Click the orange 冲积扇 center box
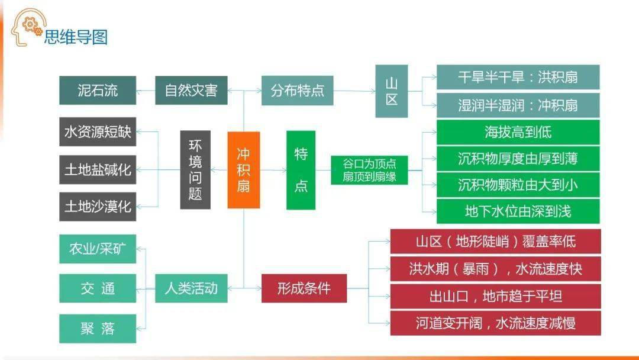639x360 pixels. point(244,170)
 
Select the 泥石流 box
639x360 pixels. point(98,91)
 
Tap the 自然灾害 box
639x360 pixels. point(191,91)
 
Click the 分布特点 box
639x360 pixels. point(297,91)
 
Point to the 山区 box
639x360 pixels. point(392,91)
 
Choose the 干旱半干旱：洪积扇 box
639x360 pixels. point(518,78)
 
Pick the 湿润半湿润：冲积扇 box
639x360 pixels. point(518,105)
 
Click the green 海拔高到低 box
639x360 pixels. point(518,132)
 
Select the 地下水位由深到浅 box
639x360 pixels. point(518,211)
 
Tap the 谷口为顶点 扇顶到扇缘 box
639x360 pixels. point(369,170)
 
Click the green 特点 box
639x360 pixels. point(301,170)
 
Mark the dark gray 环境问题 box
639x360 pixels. point(195,170)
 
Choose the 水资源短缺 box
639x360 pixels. point(98,132)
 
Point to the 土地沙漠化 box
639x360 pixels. point(98,207)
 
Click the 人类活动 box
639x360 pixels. point(191,288)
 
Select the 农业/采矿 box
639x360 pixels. point(98,249)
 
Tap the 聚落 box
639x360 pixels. point(98,329)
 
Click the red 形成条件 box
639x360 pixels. point(304,288)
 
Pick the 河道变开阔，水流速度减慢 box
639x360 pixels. point(495,323)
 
